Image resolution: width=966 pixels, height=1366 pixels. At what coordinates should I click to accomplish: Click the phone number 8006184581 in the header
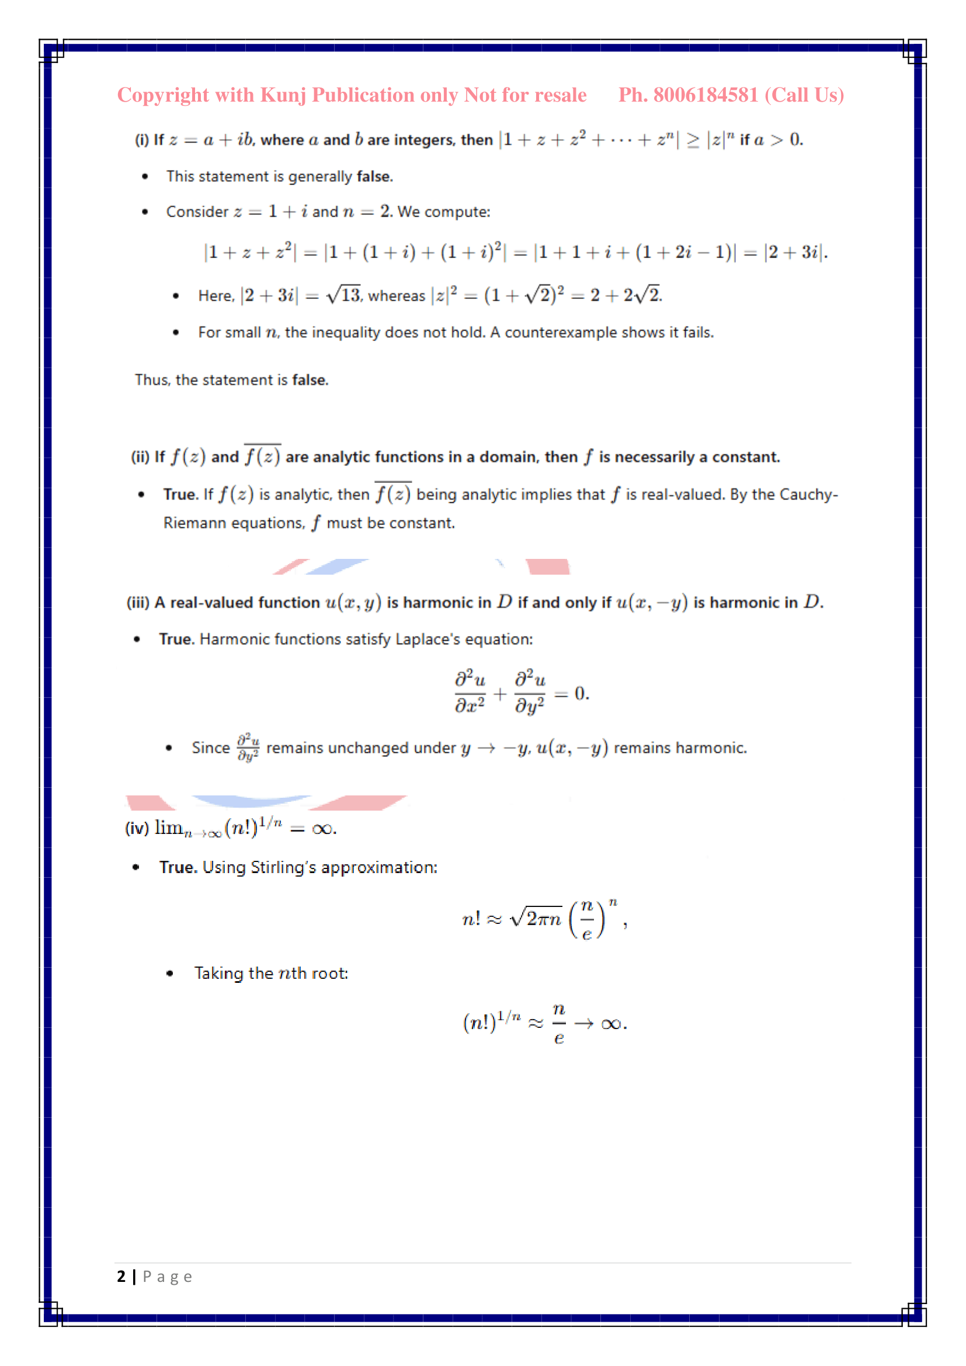(706, 95)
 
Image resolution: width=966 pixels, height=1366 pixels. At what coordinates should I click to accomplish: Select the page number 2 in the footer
(121, 1276)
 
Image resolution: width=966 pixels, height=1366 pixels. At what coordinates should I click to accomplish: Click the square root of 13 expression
(344, 294)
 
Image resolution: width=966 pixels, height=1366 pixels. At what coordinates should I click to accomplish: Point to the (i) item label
(141, 140)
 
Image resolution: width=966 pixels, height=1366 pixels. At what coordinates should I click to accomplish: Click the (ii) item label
(140, 457)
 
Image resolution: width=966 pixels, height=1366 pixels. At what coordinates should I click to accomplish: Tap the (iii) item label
(138, 603)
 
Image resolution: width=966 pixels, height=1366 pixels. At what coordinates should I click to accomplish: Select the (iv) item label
(137, 828)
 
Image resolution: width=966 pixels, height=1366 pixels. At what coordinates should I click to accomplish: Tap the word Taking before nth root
(219, 974)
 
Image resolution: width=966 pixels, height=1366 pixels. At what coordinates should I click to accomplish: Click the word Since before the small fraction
(211, 748)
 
